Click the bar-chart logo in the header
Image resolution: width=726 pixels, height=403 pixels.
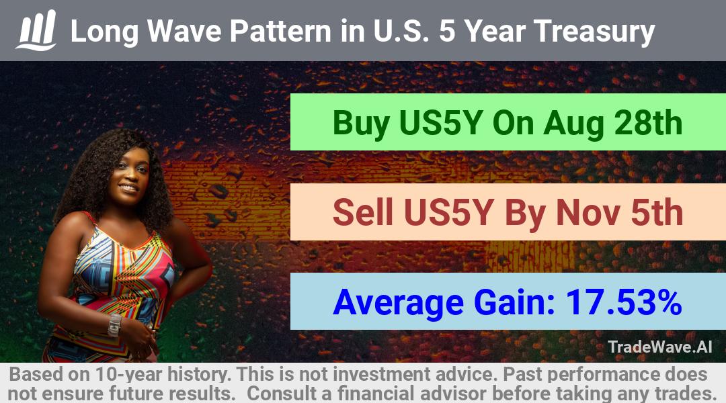[x=36, y=30]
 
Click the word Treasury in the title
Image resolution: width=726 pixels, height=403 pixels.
[x=594, y=32]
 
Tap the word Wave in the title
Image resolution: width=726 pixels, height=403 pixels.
[x=184, y=31]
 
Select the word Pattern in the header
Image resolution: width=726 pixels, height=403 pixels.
[x=280, y=31]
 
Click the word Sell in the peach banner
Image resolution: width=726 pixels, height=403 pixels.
[x=362, y=212]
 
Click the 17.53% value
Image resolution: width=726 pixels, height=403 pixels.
[x=624, y=302]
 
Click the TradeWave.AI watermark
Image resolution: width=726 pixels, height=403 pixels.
[x=660, y=347]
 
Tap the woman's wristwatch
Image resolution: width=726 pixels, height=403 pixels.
[x=114, y=325]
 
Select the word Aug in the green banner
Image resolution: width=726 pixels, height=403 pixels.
[x=573, y=124]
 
